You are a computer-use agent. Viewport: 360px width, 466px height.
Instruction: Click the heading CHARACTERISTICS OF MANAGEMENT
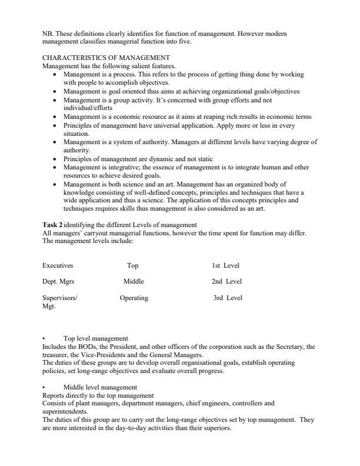pyautogui.click(x=106, y=58)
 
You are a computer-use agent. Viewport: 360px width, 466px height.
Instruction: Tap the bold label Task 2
pyautogui.click(x=52, y=225)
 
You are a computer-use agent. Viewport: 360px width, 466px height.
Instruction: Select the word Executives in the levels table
pyautogui.click(x=58, y=265)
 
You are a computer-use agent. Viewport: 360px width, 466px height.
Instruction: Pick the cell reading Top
pyautogui.click(x=132, y=265)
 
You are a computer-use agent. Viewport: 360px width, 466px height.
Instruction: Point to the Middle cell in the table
pyautogui.click(x=134, y=281)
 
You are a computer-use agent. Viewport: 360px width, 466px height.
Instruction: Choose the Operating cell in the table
pyautogui.click(x=134, y=298)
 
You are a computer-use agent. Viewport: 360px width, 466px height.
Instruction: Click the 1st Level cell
pyautogui.click(x=226, y=265)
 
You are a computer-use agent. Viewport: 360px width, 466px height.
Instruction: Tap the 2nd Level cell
pyautogui.click(x=226, y=281)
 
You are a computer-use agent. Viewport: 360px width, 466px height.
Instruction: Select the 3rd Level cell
pyautogui.click(x=228, y=298)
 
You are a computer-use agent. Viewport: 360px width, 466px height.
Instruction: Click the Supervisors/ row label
pyautogui.click(x=60, y=298)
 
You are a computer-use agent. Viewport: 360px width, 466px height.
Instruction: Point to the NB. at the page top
pyautogui.click(x=48, y=35)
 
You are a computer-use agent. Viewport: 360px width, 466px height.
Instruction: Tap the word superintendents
pyautogui.click(x=65, y=413)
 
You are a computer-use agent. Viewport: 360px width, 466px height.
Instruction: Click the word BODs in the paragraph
pyautogui.click(x=95, y=347)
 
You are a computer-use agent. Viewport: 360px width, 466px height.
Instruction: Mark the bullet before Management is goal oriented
pyautogui.click(x=55, y=92)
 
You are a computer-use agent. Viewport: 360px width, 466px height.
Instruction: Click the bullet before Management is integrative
pyautogui.click(x=55, y=168)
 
